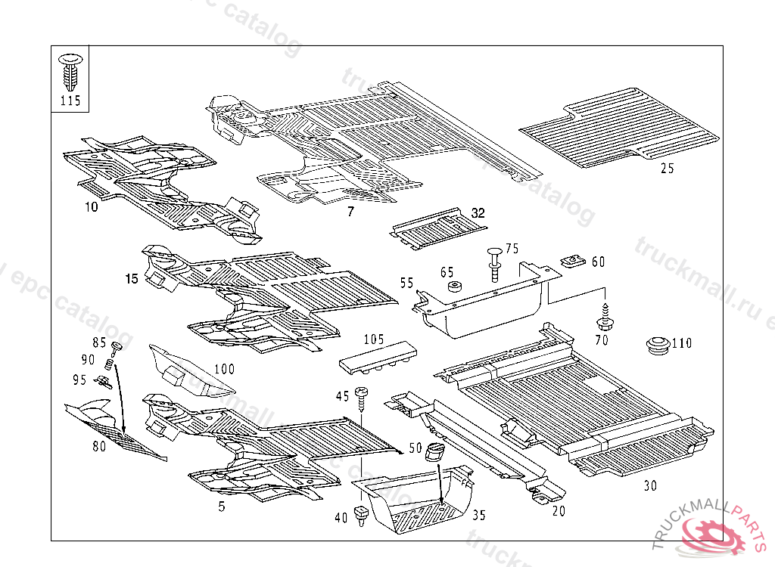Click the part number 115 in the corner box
(x=70, y=101)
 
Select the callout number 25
(x=667, y=169)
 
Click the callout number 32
(x=478, y=213)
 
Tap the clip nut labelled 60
(x=573, y=262)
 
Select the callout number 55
(x=407, y=283)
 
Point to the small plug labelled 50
(x=435, y=452)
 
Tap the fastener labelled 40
(x=362, y=516)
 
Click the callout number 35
(x=478, y=516)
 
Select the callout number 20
(x=559, y=511)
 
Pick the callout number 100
(x=225, y=370)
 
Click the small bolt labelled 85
(x=116, y=348)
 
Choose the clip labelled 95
(x=103, y=380)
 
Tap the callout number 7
(x=350, y=212)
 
